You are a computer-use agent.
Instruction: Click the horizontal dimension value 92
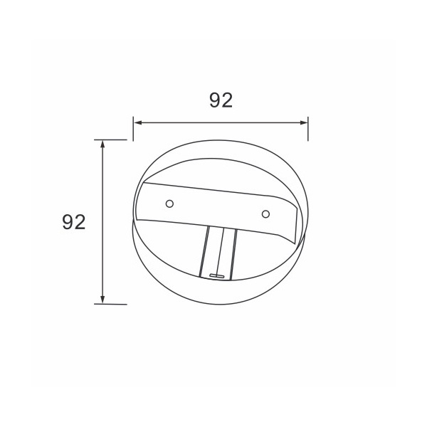click(x=221, y=100)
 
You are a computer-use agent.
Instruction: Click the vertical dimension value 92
click(x=73, y=222)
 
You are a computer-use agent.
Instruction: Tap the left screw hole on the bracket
click(x=169, y=204)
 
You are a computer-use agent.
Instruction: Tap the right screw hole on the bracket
click(x=265, y=213)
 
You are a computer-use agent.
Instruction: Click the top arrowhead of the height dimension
click(x=103, y=144)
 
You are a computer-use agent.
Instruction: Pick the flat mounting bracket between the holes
click(x=217, y=209)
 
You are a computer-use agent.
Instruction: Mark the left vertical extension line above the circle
click(x=133, y=127)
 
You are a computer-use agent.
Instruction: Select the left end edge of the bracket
click(x=138, y=203)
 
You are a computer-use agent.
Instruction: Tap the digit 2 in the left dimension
click(x=80, y=222)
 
